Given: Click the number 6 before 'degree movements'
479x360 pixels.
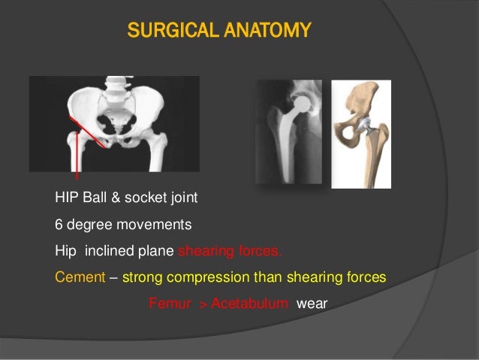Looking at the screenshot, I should tap(59, 225).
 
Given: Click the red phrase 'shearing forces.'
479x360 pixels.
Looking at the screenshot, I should tap(230, 251).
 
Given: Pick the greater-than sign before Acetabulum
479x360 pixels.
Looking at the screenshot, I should tap(200, 304).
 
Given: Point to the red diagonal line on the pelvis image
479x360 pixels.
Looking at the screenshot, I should tap(89, 135).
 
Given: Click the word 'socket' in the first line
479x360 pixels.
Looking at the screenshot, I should tap(145, 199).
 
